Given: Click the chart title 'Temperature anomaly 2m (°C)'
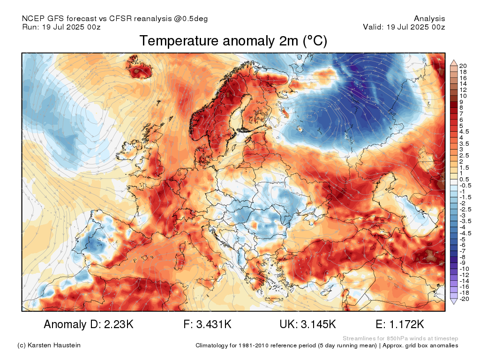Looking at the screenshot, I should (233, 41).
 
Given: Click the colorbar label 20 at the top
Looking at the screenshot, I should (463, 66).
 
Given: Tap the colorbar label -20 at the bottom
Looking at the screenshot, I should (464, 299).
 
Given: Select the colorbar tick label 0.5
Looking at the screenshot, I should (464, 179).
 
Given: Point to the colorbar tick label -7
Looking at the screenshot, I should (462, 251).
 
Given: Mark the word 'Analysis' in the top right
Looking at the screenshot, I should (429, 19).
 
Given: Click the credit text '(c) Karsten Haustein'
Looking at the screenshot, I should (49, 345).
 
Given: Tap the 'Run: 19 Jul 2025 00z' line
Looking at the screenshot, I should (61, 27).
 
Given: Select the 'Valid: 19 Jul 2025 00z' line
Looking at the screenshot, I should (404, 27).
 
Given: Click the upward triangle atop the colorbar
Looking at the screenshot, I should (453, 62).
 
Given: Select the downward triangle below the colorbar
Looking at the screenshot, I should (453, 302).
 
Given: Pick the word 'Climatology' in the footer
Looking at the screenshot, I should (211, 345).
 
